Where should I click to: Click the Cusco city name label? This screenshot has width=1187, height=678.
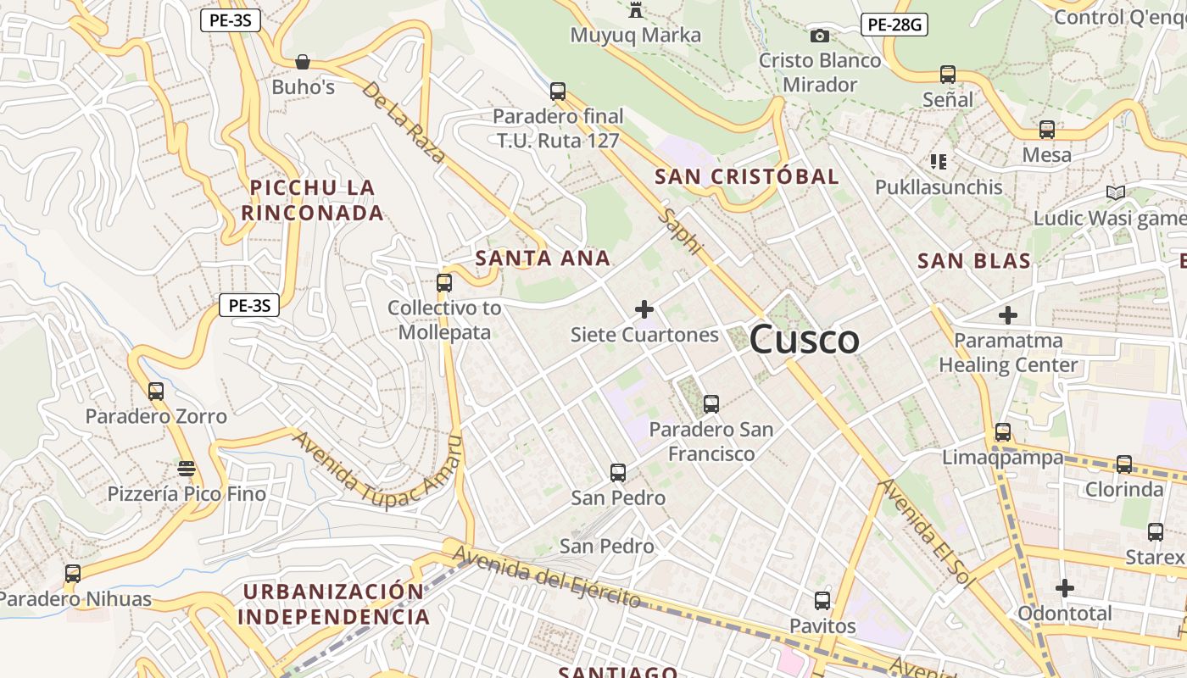point(804,340)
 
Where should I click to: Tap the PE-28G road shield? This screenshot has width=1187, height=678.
point(894,25)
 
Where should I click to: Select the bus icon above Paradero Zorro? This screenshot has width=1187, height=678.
point(156,392)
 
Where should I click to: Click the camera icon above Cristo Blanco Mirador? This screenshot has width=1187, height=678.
point(819,36)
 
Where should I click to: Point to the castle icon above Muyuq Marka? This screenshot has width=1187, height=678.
point(635,10)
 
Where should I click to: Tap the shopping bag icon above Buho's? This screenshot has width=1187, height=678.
point(303,62)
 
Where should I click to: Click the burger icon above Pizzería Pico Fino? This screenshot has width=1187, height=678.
point(187,469)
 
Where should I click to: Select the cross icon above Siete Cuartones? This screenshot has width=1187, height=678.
point(644,309)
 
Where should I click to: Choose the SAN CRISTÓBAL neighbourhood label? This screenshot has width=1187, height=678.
point(746,177)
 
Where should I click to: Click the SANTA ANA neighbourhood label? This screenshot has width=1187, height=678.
point(543,258)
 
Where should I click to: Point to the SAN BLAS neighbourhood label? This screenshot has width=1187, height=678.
point(974,261)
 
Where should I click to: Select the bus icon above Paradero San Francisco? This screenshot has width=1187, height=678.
point(711,404)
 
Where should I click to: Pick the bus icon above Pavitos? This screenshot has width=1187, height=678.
point(822,601)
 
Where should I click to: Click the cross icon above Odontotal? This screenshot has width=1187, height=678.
point(1065,587)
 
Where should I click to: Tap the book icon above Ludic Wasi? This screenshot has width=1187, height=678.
point(1116,193)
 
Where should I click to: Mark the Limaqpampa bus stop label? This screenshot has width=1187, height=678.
point(1002,458)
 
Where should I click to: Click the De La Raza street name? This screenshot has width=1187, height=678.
point(404,122)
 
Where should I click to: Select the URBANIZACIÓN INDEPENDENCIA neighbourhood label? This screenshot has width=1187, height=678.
point(334,603)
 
